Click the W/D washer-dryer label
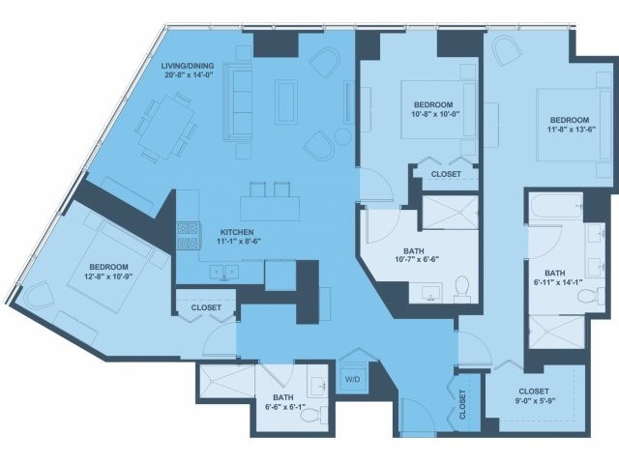pyautogui.click(x=352, y=380)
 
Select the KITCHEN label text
pyautogui.click(x=237, y=232)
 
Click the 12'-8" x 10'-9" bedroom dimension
pyautogui.click(x=108, y=276)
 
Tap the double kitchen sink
pyautogui.click(x=224, y=273)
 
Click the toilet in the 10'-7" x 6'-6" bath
pyautogui.click(x=462, y=289)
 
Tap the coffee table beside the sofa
pyautogui.click(x=286, y=101)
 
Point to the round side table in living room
pyautogui.click(x=342, y=136)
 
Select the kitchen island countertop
pyautogui.click(x=270, y=209)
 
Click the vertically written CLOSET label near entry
pyautogui.click(x=462, y=404)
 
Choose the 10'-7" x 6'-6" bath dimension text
pyautogui.click(x=417, y=259)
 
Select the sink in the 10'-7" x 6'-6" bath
pyautogui.click(x=430, y=294)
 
